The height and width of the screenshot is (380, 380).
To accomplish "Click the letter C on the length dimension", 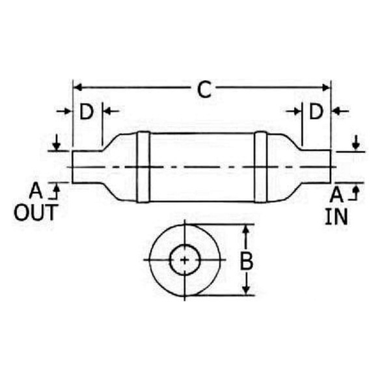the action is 204,89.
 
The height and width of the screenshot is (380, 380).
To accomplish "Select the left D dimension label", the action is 87,112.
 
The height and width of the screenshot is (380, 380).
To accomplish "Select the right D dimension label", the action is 316,112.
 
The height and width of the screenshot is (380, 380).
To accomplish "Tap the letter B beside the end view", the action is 247,261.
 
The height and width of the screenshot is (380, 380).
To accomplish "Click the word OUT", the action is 36,213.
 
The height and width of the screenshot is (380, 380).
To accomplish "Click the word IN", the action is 336,217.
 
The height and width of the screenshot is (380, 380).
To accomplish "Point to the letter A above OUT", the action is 36,191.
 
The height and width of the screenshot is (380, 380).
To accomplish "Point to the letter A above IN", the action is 336,195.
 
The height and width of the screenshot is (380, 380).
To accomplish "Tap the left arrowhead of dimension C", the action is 77,87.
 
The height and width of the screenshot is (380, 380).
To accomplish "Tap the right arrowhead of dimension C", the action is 326,87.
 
